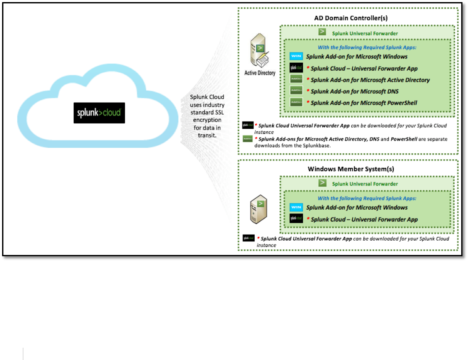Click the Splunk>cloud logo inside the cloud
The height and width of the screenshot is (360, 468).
point(99,113)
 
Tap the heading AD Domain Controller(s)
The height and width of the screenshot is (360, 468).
point(351,18)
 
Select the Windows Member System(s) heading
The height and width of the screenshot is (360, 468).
point(351,169)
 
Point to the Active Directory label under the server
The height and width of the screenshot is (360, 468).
point(260,73)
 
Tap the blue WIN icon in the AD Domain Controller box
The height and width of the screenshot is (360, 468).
point(296,56)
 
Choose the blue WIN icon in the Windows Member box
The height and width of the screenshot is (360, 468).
point(296,208)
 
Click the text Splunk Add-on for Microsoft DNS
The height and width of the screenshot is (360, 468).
point(354,91)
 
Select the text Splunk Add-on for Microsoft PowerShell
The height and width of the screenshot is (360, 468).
point(364,102)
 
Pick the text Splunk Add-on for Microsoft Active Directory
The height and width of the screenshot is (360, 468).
point(370,80)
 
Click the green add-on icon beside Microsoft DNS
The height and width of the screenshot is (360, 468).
point(296,91)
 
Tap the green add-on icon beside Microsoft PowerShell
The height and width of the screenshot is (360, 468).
point(296,102)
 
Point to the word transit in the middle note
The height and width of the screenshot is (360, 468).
point(207,135)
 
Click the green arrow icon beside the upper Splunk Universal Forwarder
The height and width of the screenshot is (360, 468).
point(322,32)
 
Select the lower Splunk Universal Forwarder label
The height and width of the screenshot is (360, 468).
point(365,184)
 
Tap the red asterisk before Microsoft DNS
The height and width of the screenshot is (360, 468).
point(308,91)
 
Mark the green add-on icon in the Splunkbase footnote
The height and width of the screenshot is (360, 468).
point(248,138)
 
